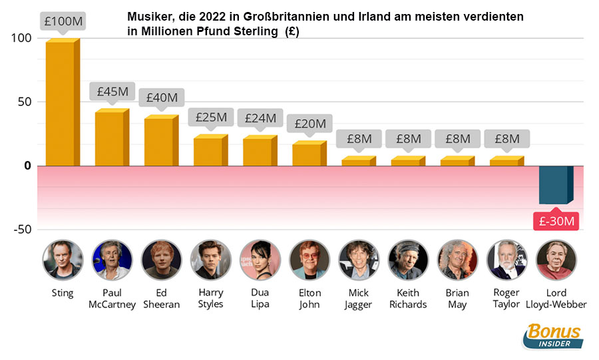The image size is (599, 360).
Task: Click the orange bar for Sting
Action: [61, 103]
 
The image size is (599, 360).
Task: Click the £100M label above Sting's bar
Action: [63, 21]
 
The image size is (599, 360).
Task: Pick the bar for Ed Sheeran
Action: [160, 142]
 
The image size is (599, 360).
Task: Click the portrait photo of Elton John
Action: [309, 260]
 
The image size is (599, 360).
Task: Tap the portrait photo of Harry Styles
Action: [211, 260]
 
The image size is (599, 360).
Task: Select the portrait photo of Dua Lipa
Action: [260, 260]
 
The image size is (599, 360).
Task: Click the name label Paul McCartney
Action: [112, 299]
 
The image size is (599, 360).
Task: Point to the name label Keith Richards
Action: [408, 299]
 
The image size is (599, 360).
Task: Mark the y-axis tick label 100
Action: [22, 39]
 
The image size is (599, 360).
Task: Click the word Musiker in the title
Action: [149, 17]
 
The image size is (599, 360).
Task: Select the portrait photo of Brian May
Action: [457, 260]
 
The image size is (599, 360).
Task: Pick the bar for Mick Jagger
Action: [357, 161]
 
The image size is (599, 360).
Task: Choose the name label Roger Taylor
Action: [506, 299]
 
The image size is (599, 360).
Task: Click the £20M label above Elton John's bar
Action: [309, 123]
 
